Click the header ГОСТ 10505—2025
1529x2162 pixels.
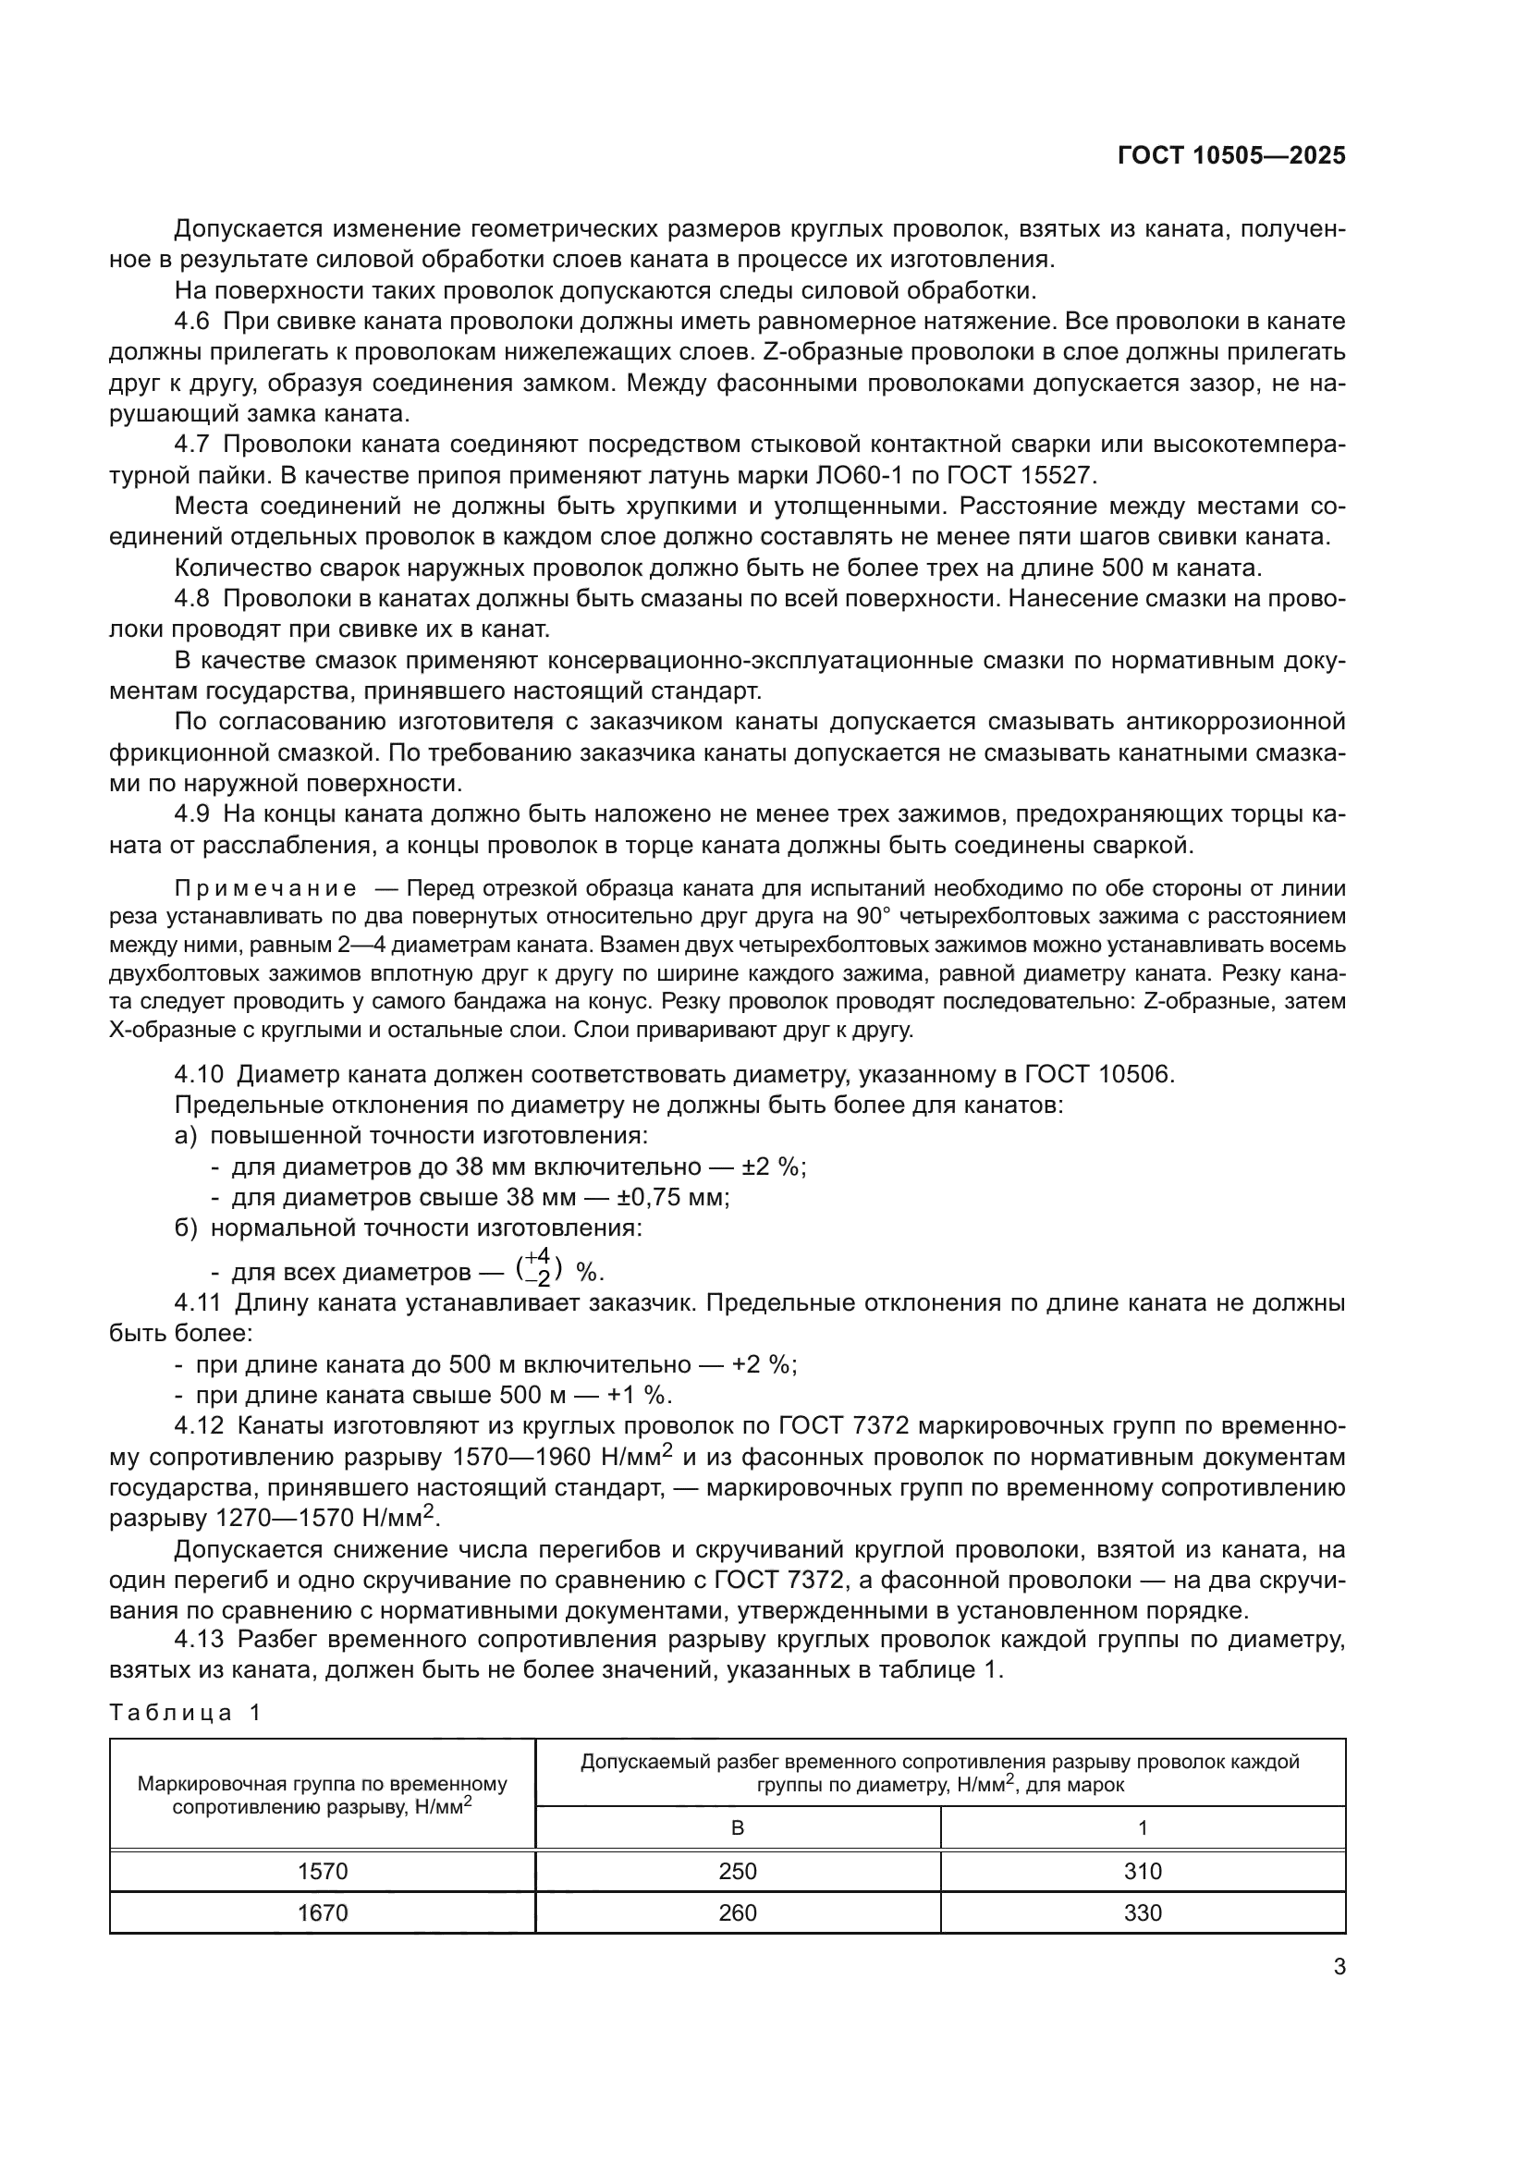[x=1231, y=156]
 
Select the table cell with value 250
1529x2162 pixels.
[x=737, y=1871]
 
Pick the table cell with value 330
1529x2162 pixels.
[x=1142, y=1912]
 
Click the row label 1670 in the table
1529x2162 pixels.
[x=322, y=1912]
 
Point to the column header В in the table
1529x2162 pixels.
[x=737, y=1827]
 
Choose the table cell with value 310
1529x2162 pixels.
[x=1142, y=1871]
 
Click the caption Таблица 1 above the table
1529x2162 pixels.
[x=185, y=1713]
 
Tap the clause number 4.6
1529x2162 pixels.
[x=192, y=322]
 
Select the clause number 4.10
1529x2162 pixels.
[x=198, y=1074]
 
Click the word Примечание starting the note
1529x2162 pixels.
[x=265, y=889]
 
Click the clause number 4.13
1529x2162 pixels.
[x=199, y=1640]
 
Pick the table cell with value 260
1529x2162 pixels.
[x=737, y=1912]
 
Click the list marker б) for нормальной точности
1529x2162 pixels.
[x=186, y=1228]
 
